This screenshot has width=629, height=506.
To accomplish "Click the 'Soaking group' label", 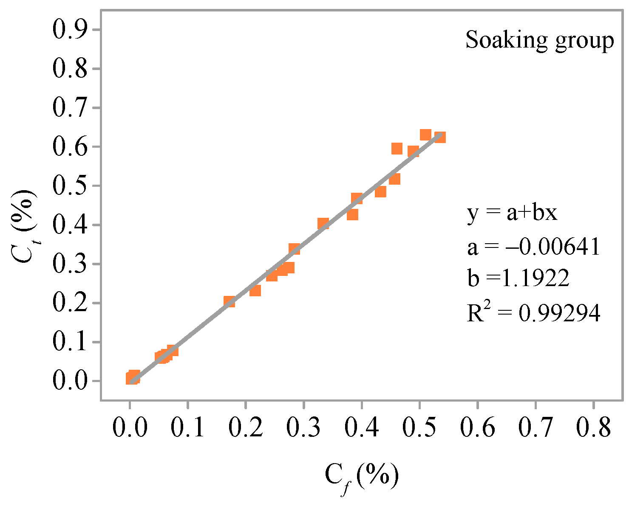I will click(x=540, y=41).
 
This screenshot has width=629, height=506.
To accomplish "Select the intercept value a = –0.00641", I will click(x=533, y=246).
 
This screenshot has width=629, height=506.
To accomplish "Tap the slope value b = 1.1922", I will click(x=518, y=278).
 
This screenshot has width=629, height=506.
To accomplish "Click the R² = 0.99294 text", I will click(x=533, y=313).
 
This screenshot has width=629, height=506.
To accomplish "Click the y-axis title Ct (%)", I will click(x=24, y=225).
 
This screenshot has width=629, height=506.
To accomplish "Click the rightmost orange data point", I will click(x=440, y=138).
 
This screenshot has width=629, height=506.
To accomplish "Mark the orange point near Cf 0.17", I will click(x=229, y=301).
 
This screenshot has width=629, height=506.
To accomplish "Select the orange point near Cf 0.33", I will click(x=323, y=223).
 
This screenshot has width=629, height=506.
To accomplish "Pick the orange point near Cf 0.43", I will click(x=380, y=192).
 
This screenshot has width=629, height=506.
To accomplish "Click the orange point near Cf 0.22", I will click(x=255, y=291).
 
